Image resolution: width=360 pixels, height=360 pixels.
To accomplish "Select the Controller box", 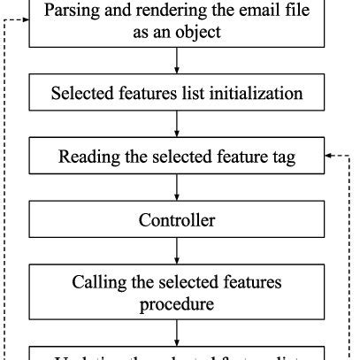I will [x=176, y=219].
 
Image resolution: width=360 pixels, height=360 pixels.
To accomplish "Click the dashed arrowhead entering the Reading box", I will [x=329, y=156].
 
